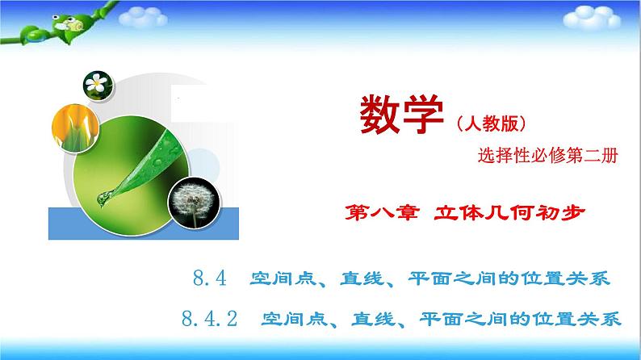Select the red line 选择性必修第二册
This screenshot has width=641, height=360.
coord(548,158)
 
